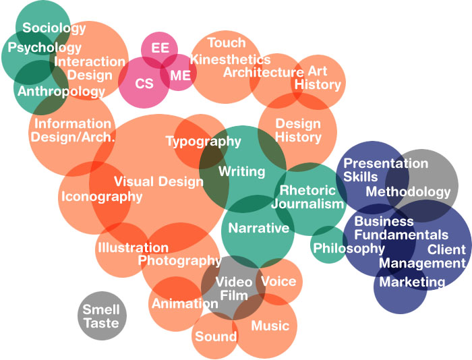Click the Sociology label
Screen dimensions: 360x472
click(54, 28)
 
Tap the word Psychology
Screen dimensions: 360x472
click(45, 48)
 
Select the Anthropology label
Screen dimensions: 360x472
click(61, 91)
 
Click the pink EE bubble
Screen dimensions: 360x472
click(160, 49)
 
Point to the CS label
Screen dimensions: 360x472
click(144, 84)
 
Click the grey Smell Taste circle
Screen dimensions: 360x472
click(101, 317)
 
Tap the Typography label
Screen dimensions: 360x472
click(203, 142)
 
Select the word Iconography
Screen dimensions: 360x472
click(102, 197)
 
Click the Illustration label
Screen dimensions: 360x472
click(127, 248)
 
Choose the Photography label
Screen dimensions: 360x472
click(179, 260)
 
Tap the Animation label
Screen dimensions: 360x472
click(184, 303)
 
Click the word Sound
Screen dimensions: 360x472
click(216, 336)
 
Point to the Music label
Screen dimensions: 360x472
click(270, 326)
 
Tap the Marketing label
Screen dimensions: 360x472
click(412, 282)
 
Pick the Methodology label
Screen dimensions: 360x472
click(408, 192)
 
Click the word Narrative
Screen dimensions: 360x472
click(258, 229)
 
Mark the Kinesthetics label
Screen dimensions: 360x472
click(230, 59)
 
